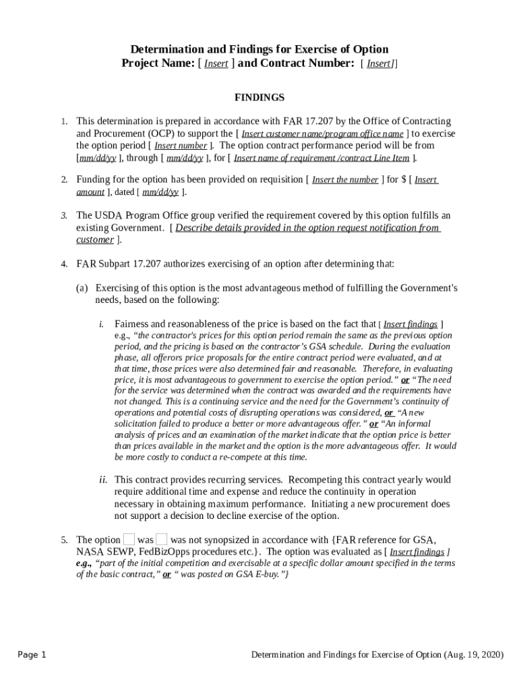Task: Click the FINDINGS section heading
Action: pyautogui.click(x=259, y=97)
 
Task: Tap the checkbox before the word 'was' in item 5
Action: pyautogui.click(x=129, y=539)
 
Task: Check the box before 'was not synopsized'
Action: pyautogui.click(x=162, y=539)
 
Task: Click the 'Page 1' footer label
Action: pyautogui.click(x=32, y=655)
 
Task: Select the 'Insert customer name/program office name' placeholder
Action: pyautogui.click(x=322, y=134)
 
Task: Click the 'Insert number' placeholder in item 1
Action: pyautogui.click(x=181, y=146)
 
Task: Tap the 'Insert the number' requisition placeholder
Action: pyautogui.click(x=345, y=180)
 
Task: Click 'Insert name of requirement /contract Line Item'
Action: pyautogui.click(x=322, y=158)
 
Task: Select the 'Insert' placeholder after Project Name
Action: pyautogui.click(x=216, y=64)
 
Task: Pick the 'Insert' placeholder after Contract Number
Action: pyautogui.click(x=379, y=64)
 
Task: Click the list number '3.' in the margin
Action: pyautogui.click(x=64, y=216)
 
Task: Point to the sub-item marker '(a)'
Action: pyautogui.click(x=82, y=288)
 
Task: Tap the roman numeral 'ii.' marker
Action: pyautogui.click(x=103, y=480)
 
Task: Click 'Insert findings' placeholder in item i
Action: pyautogui.click(x=410, y=325)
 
